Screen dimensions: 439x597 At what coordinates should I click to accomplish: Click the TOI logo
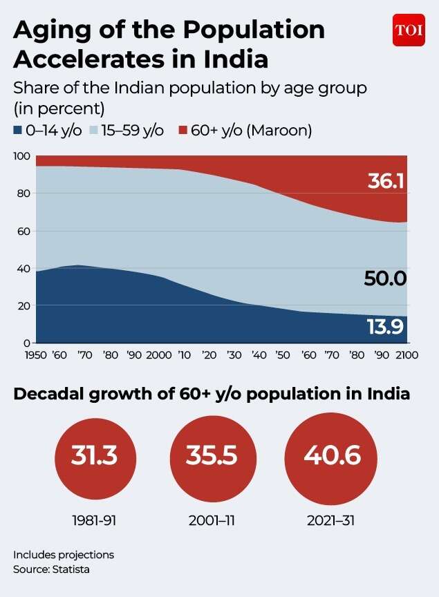[x=409, y=30]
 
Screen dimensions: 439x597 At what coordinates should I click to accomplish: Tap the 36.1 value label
[x=386, y=181]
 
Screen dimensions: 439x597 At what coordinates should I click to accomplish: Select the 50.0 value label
[x=385, y=278]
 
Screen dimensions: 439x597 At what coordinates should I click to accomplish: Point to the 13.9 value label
[x=385, y=327]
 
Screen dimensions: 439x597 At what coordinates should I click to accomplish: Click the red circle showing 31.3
[x=95, y=458]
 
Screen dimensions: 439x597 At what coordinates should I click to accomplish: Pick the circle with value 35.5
[x=213, y=458]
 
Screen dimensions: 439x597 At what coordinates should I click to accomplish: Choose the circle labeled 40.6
[x=330, y=458]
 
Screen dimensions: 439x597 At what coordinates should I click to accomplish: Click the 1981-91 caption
[x=94, y=520]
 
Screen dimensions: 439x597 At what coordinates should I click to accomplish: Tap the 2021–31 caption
[x=330, y=520]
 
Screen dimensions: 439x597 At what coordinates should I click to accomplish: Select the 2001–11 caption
[x=212, y=520]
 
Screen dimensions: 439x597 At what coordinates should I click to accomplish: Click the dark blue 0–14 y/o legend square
[x=17, y=130]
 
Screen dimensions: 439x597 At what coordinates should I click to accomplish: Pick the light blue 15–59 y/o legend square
[x=94, y=130]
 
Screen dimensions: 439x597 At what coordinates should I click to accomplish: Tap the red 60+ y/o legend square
[x=183, y=130]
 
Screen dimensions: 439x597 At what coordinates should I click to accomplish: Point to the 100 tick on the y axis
[x=21, y=156]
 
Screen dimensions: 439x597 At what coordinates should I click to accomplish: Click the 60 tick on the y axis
[x=24, y=231]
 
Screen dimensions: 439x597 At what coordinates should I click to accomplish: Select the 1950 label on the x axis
[x=35, y=355]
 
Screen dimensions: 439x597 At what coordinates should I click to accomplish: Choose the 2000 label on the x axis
[x=159, y=355]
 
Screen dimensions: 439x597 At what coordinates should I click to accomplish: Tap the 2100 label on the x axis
[x=407, y=355]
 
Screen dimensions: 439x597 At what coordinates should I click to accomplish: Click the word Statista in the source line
[x=71, y=569]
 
